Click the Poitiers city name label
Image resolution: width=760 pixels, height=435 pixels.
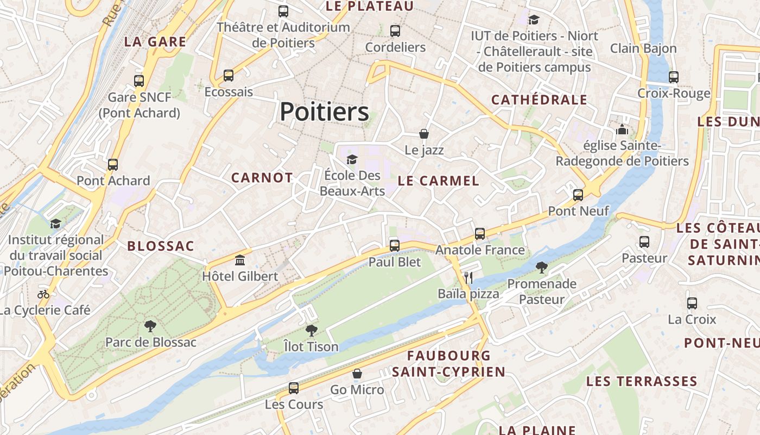point(325,112)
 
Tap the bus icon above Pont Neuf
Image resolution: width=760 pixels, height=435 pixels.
point(578,195)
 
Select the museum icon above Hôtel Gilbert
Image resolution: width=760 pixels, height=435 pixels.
point(240,260)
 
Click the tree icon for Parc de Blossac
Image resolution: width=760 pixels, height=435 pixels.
point(150,326)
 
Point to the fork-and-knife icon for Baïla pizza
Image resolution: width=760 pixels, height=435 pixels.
point(468,278)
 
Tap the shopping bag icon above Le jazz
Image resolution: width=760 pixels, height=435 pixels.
point(424,134)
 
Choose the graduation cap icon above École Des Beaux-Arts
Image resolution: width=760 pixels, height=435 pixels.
point(352,159)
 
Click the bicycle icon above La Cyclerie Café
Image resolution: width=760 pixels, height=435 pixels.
point(43,294)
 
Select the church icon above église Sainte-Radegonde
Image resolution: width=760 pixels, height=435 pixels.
point(622,130)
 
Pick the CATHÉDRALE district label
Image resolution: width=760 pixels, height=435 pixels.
point(539,100)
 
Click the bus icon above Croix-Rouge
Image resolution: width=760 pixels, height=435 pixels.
point(674,77)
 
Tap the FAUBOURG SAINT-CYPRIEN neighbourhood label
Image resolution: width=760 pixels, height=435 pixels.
point(449,364)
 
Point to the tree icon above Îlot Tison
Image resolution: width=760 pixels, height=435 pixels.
point(311,330)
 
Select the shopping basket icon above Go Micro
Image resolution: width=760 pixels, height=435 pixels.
point(357,374)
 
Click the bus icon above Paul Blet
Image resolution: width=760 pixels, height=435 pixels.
point(395,245)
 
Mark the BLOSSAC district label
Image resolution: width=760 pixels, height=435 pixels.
point(161,246)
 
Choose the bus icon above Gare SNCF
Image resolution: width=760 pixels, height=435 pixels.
point(139,81)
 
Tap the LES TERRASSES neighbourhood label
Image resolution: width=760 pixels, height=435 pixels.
point(642,381)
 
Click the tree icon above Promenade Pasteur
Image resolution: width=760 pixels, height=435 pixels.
point(541,267)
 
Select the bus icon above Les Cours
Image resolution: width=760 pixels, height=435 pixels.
point(294,388)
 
